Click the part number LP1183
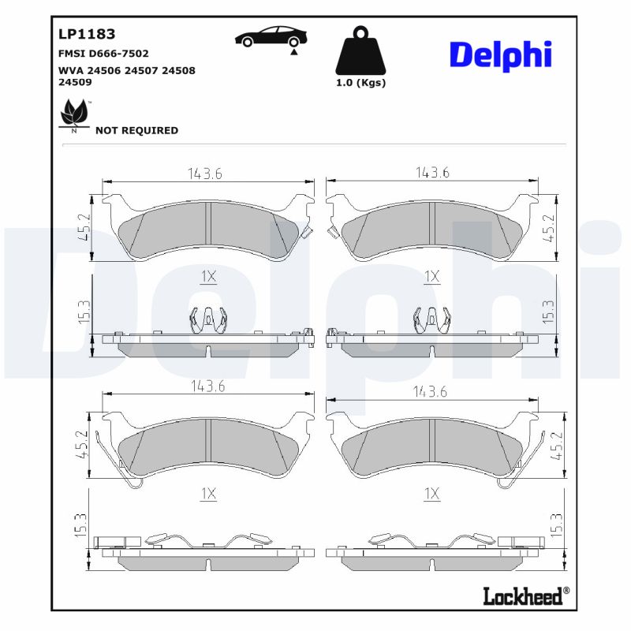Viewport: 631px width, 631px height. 87,34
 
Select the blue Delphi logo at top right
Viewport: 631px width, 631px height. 500,54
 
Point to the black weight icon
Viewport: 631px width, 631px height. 360,50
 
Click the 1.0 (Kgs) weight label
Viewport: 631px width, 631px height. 360,83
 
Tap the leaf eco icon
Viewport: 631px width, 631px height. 74,115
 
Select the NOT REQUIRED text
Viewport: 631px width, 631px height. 136,131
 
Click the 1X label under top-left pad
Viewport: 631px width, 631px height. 207,276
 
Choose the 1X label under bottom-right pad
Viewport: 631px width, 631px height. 431,494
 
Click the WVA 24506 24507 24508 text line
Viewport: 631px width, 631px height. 126,70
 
